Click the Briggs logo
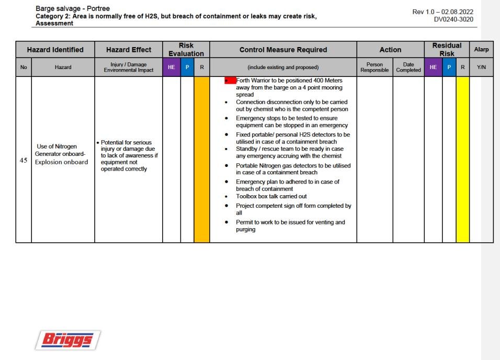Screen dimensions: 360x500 point(68,340)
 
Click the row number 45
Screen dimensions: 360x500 point(24,161)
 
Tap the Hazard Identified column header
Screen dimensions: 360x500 point(55,50)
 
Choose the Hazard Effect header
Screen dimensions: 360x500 point(129,50)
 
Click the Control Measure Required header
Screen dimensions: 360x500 point(283,50)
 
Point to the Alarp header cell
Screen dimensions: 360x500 point(481,50)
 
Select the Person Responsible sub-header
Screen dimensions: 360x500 point(374,67)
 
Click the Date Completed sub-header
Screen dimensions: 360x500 point(408,67)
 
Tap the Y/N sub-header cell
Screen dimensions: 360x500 point(481,67)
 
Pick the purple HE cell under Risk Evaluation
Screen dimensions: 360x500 point(172,67)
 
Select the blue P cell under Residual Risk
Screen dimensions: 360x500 point(449,67)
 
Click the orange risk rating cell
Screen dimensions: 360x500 point(201,160)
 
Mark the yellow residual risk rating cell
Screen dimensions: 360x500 point(462,160)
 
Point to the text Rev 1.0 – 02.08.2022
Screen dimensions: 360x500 point(446,12)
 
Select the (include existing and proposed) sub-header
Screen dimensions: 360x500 point(283,67)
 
